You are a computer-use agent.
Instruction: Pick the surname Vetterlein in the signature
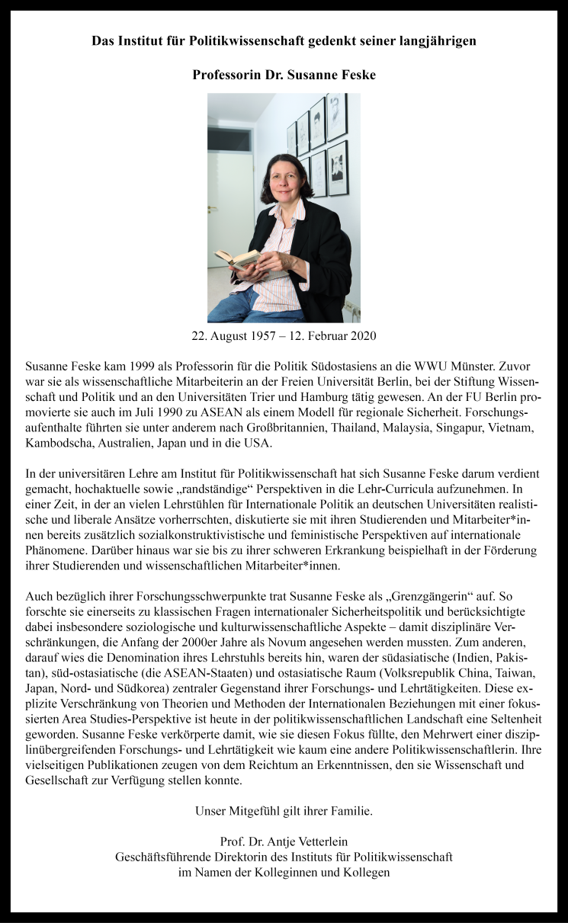point(316,841)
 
